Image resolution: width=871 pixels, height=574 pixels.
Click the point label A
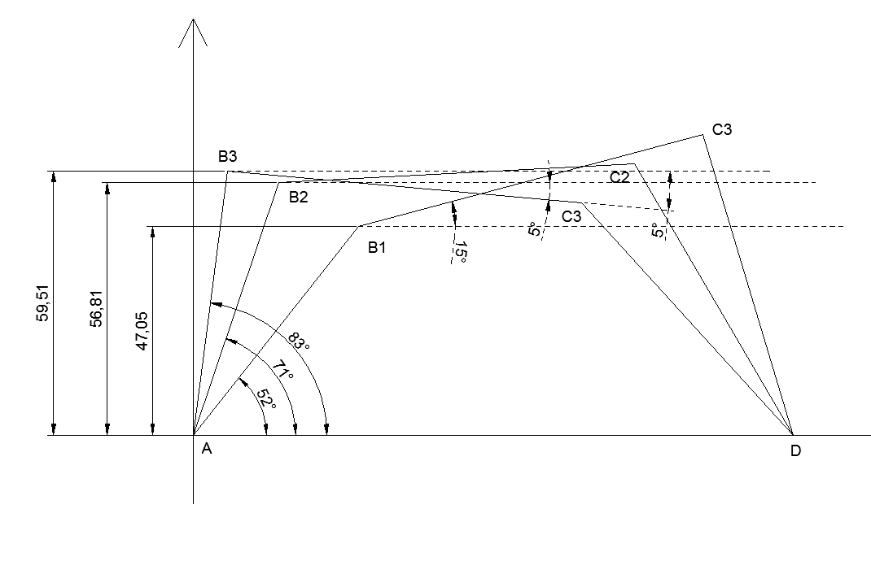coord(206,450)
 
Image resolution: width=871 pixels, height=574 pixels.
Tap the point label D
coord(794,451)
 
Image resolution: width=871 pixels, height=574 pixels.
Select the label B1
coord(376,247)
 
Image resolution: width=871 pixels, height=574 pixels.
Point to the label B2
coord(299,196)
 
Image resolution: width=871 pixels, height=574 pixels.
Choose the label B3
coord(227,156)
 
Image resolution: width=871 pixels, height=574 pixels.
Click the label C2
coord(619,177)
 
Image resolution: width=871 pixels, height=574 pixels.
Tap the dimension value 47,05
coord(142,332)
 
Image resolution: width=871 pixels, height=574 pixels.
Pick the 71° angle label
coord(282,373)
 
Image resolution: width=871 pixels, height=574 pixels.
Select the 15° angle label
coord(461,251)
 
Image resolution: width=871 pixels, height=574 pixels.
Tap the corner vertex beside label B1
coord(359,226)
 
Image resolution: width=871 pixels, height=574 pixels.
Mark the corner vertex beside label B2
coord(279,182)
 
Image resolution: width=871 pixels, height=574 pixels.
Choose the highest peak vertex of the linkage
coord(702,134)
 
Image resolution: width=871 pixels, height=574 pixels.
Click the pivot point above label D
coord(792,434)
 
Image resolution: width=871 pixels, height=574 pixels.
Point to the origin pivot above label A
coord(193,434)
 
